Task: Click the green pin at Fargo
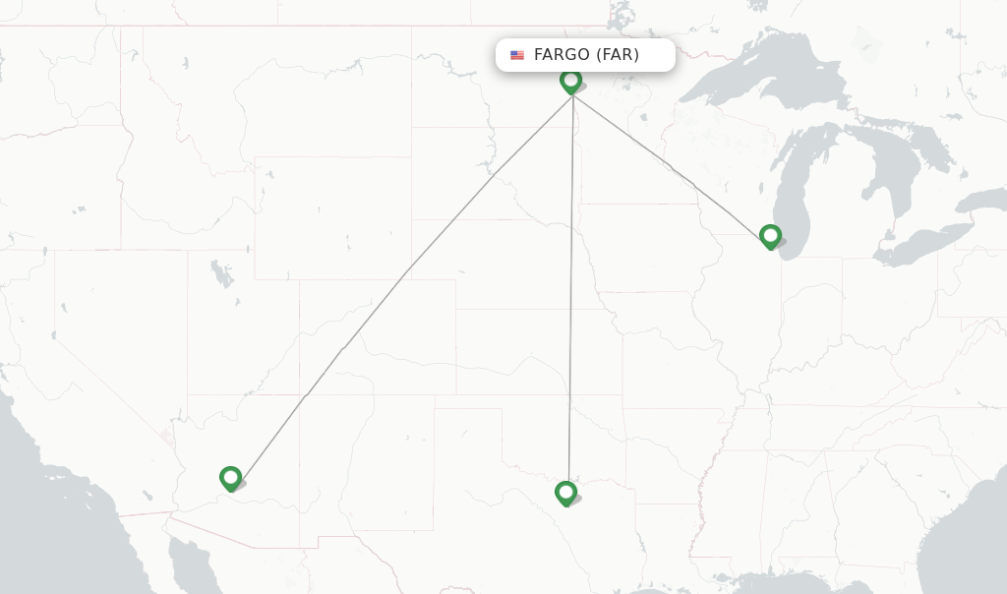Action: click(570, 81)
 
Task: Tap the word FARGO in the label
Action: click(561, 55)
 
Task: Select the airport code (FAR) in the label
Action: click(618, 55)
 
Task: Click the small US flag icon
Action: click(517, 55)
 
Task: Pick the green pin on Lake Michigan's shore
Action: click(770, 236)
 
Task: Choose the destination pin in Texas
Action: click(565, 493)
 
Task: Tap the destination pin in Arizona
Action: click(231, 478)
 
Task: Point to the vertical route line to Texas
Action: click(570, 295)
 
